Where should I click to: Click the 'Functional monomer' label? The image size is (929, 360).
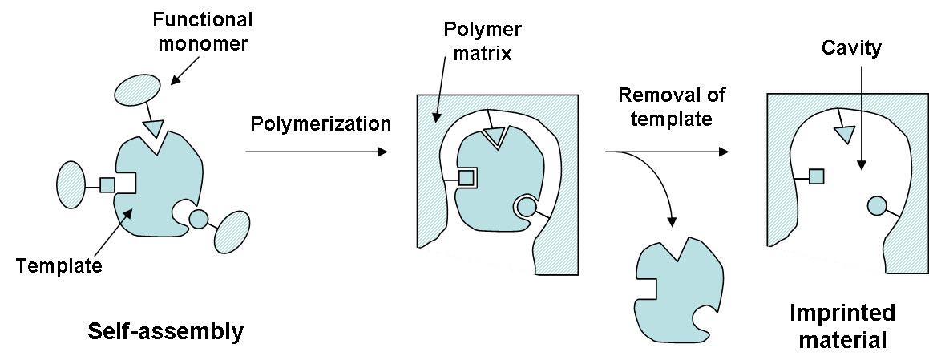pos(202,31)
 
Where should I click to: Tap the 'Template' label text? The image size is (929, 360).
pos(59,265)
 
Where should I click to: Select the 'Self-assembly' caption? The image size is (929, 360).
pos(165,331)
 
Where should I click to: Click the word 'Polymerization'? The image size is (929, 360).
pos(321,123)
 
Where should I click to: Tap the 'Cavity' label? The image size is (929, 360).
pos(851,49)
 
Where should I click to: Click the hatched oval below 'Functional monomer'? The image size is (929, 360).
pos(136,92)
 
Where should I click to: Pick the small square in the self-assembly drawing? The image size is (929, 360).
pos(107,185)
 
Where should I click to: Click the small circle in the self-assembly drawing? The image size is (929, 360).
pos(198,220)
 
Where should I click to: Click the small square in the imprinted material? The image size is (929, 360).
pos(817,176)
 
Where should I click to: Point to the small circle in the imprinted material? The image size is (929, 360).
pos(876,205)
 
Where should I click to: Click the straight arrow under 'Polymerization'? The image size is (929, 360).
pos(317,152)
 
